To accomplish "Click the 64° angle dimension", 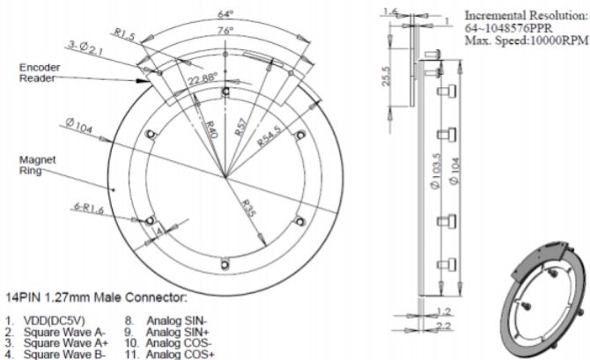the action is coord(225,14).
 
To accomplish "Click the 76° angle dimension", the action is coord(225,31).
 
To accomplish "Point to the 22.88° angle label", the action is coord(203,79).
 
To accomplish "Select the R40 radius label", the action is coord(210,129).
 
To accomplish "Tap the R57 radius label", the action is coord(240,127).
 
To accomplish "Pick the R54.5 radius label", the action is coord(269,136).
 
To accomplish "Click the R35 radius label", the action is coord(248,209).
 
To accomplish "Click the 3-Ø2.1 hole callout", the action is coord(85,48).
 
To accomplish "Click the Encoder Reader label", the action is coord(40,72).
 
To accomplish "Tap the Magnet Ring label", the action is coord(37,165).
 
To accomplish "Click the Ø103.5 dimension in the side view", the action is coord(436,171).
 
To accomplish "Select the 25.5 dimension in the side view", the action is coord(387,77).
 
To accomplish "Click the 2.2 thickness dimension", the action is coord(445,326).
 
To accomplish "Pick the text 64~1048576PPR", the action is coord(509,28).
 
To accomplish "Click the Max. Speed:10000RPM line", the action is coord(527,40).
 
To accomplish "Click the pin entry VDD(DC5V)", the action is coord(55,321).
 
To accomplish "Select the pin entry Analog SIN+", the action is coord(178,332).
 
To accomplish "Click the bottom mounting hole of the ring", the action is coord(225,264).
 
